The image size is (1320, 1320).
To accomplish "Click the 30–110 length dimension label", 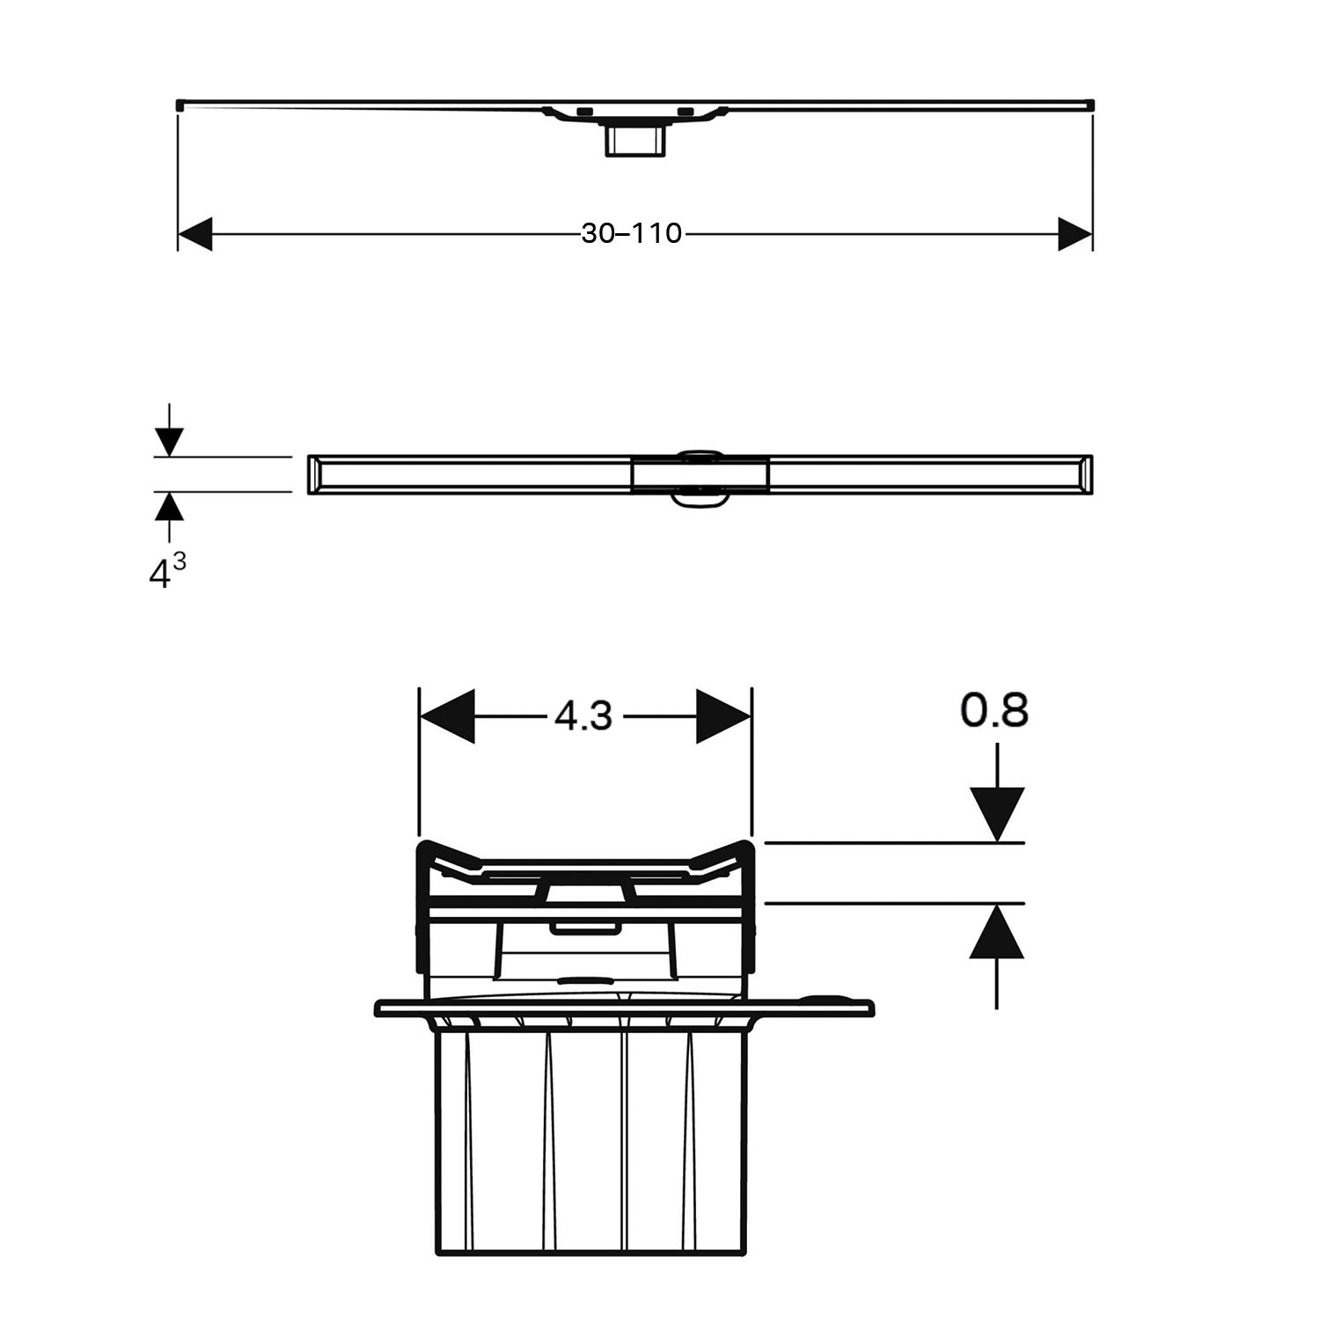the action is pyautogui.click(x=632, y=233).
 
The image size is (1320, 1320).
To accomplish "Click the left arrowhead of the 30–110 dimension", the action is pyautogui.click(x=195, y=234).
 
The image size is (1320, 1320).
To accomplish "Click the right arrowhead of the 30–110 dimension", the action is pyautogui.click(x=1075, y=234).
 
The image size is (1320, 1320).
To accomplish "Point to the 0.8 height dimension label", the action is pyautogui.click(x=994, y=710).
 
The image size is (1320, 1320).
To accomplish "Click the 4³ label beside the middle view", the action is pyautogui.click(x=167, y=572).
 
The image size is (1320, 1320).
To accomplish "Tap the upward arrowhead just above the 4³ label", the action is pyautogui.click(x=169, y=506).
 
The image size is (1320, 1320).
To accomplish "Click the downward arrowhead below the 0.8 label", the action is pyautogui.click(x=997, y=815).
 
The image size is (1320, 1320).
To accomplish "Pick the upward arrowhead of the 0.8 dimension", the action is pyautogui.click(x=997, y=931).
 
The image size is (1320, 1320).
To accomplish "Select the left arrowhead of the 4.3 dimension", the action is pyautogui.click(x=447, y=716).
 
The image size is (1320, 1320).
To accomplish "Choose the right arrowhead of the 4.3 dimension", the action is pyautogui.click(x=723, y=716).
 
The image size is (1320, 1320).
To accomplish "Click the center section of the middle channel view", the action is pyautogui.click(x=701, y=475).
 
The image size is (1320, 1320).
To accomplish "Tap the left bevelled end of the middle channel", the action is pyautogui.click(x=315, y=475).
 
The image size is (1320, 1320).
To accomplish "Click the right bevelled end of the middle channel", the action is pyautogui.click(x=1084, y=475).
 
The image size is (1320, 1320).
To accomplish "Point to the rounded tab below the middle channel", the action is pyautogui.click(x=701, y=500).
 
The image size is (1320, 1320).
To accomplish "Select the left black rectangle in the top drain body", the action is pyautogui.click(x=585, y=112).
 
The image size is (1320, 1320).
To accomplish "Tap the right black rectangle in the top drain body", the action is pyautogui.click(x=686, y=112).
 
